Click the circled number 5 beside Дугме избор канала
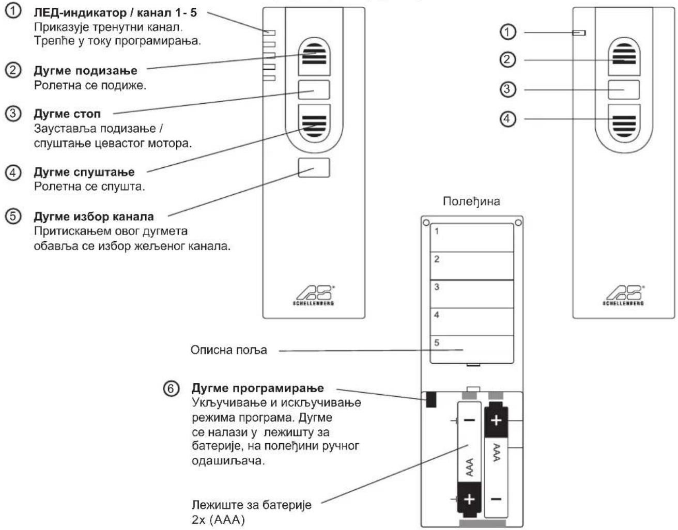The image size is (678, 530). pos(13,216)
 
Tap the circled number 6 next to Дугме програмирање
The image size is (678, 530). pos(171,388)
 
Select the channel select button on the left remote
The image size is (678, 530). pos(314,168)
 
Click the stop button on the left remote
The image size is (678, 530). pos(314,90)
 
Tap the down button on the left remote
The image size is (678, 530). pos(314,123)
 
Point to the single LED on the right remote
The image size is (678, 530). pos(579,33)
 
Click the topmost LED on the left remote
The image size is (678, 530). pos(269,33)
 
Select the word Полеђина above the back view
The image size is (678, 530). pos(471,201)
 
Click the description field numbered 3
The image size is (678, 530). pos(471,294)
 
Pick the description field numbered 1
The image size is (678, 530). pos(471,238)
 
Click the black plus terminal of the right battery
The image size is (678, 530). pos(496,419)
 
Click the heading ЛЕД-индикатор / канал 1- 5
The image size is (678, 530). pos(115,13)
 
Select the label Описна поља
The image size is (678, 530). pos(229,350)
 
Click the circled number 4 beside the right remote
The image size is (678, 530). pos(507,119)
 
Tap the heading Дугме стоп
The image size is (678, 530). pos(67,114)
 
